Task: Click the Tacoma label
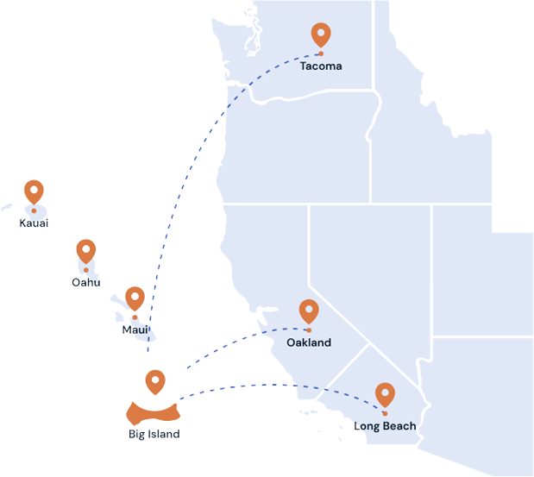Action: [321, 66]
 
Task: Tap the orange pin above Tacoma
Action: [321, 35]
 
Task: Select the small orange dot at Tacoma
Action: [321, 53]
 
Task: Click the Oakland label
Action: [309, 342]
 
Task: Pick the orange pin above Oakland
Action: [309, 311]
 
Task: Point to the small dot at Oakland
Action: [309, 330]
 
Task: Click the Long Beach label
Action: [385, 426]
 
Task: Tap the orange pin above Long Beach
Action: [385, 395]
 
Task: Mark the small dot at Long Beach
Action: [385, 414]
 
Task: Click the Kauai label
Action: [34, 223]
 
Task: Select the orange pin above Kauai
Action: [34, 192]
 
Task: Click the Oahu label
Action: [86, 283]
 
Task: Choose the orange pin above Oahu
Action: [86, 251]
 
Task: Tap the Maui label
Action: [135, 330]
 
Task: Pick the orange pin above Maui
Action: [135, 298]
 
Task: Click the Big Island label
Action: [154, 434]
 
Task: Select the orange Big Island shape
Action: [154, 414]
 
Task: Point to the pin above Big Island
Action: [155, 382]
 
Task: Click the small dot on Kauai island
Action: [34, 210]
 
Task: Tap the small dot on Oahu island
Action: [86, 270]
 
